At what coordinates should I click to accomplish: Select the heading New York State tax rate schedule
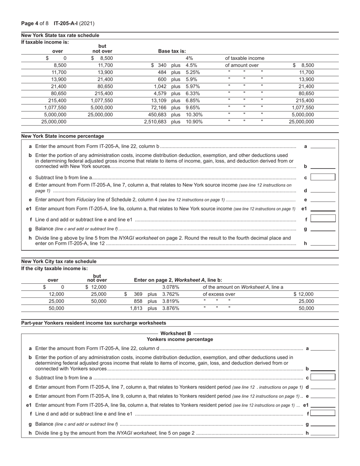(x=60, y=35)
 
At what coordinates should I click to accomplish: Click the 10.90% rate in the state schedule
(x=194, y=122)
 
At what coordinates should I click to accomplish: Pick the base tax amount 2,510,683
(x=155, y=122)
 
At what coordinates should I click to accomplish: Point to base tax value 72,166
(x=158, y=108)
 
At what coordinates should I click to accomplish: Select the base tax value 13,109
(x=158, y=100)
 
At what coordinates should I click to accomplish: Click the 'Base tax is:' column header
(x=172, y=51)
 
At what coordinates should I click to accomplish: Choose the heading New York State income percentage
(x=63, y=136)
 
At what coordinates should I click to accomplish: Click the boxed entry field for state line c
(x=323, y=177)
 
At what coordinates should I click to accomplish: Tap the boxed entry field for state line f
(x=323, y=219)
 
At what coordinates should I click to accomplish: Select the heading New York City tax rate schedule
(x=59, y=261)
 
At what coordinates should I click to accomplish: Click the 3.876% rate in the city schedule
(x=171, y=308)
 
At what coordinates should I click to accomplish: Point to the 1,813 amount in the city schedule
(x=136, y=308)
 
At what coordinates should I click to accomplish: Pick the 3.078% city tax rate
(x=171, y=287)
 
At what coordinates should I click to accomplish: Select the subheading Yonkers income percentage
(x=180, y=339)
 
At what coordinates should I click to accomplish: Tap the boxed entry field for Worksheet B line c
(x=323, y=377)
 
